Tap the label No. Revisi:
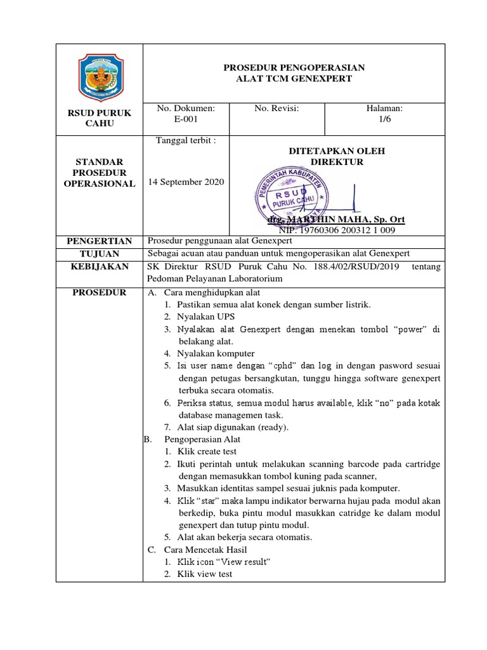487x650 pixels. (276, 109)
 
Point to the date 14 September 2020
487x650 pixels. (186, 182)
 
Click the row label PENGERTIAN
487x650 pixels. (100, 241)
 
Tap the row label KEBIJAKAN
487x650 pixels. (100, 267)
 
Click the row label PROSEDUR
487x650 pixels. (100, 293)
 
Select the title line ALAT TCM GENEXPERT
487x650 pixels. (293, 79)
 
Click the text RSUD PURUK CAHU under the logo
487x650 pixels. (100, 118)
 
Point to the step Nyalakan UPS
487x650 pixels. (202, 316)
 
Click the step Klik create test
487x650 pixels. (207, 451)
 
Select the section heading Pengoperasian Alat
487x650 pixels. (202, 439)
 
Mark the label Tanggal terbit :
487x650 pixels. (186, 141)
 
